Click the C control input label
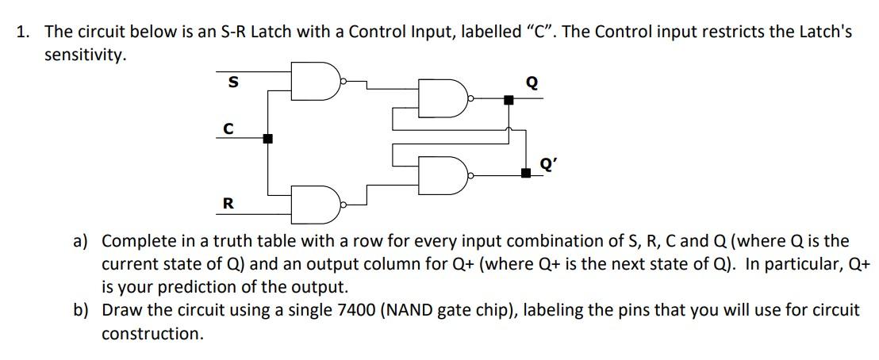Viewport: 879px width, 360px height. tap(228, 128)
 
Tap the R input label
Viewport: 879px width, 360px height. tap(228, 204)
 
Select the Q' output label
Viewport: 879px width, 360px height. tap(547, 164)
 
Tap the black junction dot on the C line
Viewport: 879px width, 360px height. tap(268, 139)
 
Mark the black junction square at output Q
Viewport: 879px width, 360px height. tap(509, 100)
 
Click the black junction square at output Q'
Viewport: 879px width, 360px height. tap(526, 172)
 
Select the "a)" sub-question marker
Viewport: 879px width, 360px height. tap(82, 241)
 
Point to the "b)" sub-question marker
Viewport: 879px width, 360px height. tap(82, 310)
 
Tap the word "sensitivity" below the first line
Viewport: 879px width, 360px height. tap(84, 56)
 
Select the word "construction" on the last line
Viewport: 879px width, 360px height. tap(152, 334)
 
